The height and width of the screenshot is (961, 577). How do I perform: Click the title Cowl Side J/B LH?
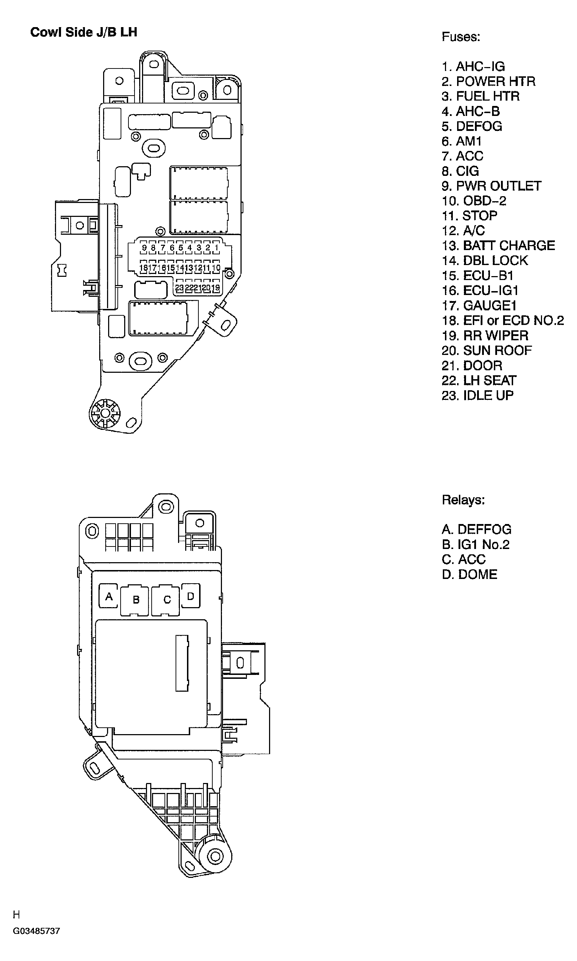tap(83, 32)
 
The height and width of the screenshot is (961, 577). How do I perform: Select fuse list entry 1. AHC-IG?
tap(473, 66)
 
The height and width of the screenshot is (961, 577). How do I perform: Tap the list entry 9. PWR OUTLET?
tap(491, 186)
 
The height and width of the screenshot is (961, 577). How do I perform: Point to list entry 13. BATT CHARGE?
tap(498, 245)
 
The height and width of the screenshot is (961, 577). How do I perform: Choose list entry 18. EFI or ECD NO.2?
tap(502, 321)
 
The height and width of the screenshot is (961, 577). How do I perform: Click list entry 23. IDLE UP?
tap(477, 395)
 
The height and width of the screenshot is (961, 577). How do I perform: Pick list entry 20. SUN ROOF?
tap(486, 351)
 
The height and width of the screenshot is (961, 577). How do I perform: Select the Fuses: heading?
tap(461, 37)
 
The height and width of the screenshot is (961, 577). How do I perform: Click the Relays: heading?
tap(463, 500)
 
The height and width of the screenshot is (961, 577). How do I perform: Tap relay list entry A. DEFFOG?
tap(476, 529)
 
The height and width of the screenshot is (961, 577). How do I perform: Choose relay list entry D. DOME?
tap(469, 574)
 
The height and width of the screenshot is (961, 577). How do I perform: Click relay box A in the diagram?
tap(109, 596)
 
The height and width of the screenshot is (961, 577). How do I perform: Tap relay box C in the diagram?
tap(167, 600)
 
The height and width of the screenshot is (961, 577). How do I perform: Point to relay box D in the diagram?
tap(191, 596)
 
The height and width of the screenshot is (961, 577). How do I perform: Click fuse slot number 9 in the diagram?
tap(144, 248)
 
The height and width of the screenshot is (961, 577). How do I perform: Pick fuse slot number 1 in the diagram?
tap(217, 248)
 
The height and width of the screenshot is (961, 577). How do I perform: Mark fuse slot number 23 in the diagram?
tap(179, 288)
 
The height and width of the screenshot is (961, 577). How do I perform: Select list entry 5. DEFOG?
tap(472, 126)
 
